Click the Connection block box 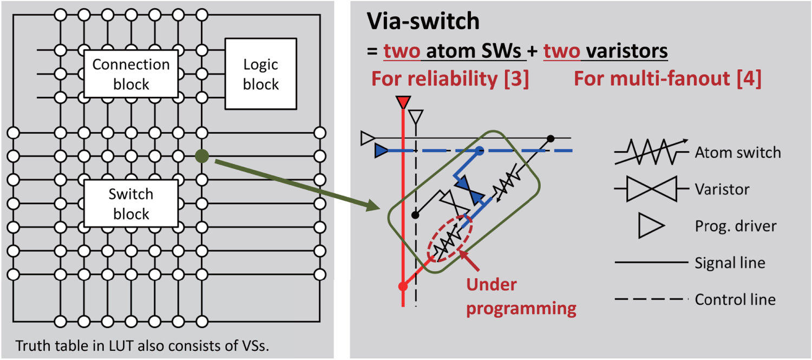[x=130, y=74]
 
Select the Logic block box [x=260, y=74]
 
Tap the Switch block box [x=130, y=204]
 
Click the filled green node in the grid [x=202, y=156]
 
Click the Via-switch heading [x=423, y=22]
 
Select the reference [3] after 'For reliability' [x=514, y=79]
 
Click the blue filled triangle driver [x=382, y=151]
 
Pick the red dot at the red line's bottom [x=402, y=286]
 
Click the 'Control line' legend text [x=735, y=299]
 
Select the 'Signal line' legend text [x=730, y=263]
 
